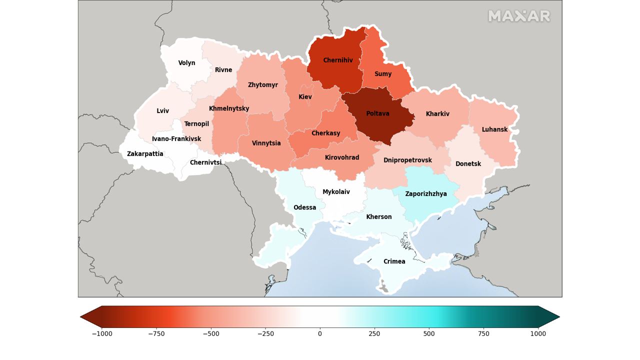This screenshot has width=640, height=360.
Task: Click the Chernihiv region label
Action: tap(338, 60)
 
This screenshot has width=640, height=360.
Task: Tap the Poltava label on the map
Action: tap(377, 114)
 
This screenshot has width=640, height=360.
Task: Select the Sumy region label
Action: tap(383, 74)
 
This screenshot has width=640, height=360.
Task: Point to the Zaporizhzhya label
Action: tap(426, 194)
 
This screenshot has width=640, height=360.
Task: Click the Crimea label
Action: tap(394, 261)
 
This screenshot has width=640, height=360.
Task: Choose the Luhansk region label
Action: tap(494, 129)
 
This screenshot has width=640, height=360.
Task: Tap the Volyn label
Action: tap(186, 63)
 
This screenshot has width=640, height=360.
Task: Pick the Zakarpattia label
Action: tap(145, 154)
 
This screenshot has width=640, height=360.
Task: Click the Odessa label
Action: tap(304, 207)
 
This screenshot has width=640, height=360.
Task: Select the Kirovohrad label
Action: tap(342, 157)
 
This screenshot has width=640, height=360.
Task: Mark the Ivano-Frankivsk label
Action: tap(176, 139)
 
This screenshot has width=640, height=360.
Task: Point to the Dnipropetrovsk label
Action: tap(407, 160)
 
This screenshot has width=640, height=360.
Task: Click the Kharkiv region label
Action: tap(437, 114)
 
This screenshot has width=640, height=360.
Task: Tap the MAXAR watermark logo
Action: tap(519, 16)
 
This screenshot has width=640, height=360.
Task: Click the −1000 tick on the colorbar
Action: tap(102, 334)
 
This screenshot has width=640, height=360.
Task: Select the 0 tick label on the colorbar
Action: tap(320, 334)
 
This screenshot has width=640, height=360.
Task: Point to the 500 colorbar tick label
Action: tap(429, 334)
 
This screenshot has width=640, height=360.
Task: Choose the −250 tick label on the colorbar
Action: tap(265, 334)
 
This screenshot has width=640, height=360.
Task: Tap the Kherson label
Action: tap(379, 217)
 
